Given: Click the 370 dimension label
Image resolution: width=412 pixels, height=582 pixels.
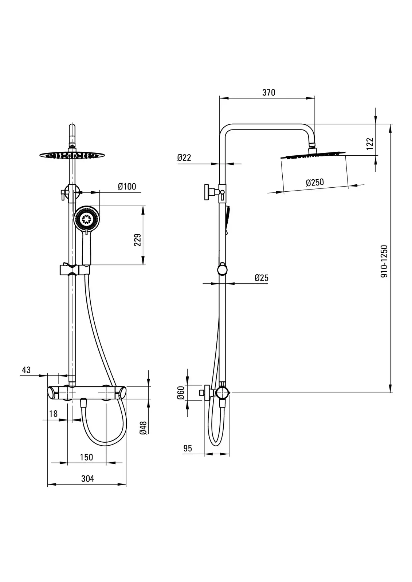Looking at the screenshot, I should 269,92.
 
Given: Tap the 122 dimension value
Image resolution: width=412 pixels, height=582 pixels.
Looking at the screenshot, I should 370,143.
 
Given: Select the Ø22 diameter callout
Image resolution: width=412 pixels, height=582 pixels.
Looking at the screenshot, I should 184,158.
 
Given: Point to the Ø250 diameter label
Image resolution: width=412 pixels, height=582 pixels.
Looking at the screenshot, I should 315,182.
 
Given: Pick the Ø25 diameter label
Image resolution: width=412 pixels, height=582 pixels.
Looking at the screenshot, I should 261,278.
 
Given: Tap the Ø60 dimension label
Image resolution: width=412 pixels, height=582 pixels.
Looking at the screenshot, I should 180,393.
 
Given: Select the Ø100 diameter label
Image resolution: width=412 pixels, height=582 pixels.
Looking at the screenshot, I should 127,187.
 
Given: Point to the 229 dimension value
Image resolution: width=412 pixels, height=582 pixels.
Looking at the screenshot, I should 138,240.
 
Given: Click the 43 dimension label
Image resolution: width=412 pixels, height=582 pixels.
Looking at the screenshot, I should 26,370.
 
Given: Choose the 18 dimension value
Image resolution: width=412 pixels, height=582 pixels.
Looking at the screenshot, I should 53,414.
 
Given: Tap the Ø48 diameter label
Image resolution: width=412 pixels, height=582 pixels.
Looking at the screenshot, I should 143,427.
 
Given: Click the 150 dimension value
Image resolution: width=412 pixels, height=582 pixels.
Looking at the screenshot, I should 86,457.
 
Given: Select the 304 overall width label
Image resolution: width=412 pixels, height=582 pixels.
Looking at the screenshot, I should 87,478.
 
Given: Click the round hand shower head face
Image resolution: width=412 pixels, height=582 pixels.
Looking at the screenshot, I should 87,219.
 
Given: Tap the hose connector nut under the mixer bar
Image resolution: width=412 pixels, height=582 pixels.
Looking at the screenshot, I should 83,403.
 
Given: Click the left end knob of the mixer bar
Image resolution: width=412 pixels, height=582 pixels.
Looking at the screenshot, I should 52,393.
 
